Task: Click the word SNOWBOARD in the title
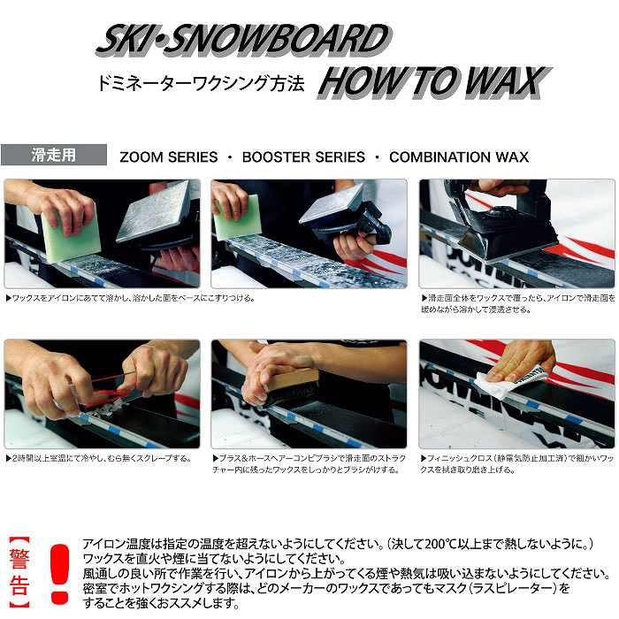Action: [x=276, y=40]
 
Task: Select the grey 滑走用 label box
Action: [x=54, y=155]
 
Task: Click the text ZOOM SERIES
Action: [x=169, y=157]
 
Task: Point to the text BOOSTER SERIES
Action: [x=303, y=157]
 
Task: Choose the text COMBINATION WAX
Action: [x=459, y=157]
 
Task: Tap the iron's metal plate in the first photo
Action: [x=154, y=213]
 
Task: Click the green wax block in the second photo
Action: [x=238, y=219]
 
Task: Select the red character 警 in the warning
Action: [x=19, y=559]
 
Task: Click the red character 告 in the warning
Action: [x=19, y=585]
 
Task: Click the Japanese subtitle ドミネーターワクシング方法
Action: [x=201, y=83]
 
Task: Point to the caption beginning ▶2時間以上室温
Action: [x=99, y=458]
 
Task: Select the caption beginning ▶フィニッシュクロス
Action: [x=517, y=464]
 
